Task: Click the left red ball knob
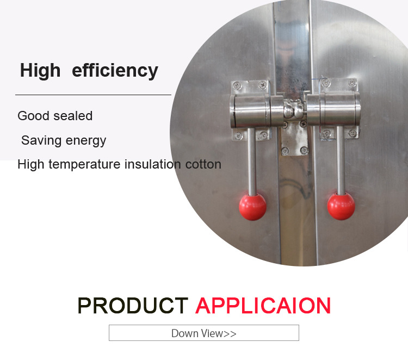[252, 207]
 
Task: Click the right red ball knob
[341, 206]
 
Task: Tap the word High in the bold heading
[40, 70]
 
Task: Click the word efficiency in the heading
[115, 71]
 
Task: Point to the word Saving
[41, 140]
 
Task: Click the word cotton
[203, 165]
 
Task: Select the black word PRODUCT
[133, 306]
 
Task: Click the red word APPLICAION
[263, 306]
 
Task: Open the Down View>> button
[204, 333]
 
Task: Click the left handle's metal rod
[252, 162]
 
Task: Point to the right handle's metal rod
[341, 160]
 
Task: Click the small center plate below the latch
[294, 139]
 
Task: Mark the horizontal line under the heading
[93, 95]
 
